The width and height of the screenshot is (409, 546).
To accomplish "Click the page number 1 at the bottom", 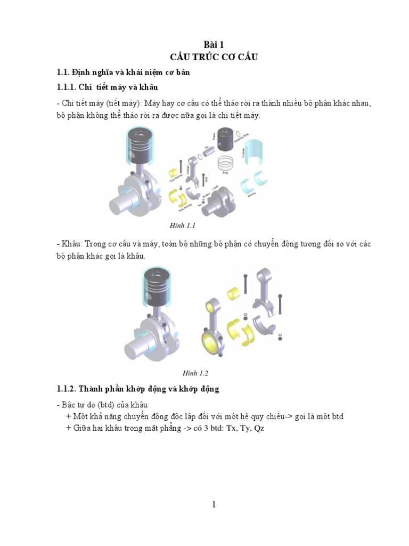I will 214,504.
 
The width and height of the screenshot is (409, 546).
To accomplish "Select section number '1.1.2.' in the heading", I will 69,390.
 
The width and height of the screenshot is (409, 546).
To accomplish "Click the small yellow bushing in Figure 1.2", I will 234,294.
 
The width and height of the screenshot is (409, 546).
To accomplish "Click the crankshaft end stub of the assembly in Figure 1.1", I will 122,205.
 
